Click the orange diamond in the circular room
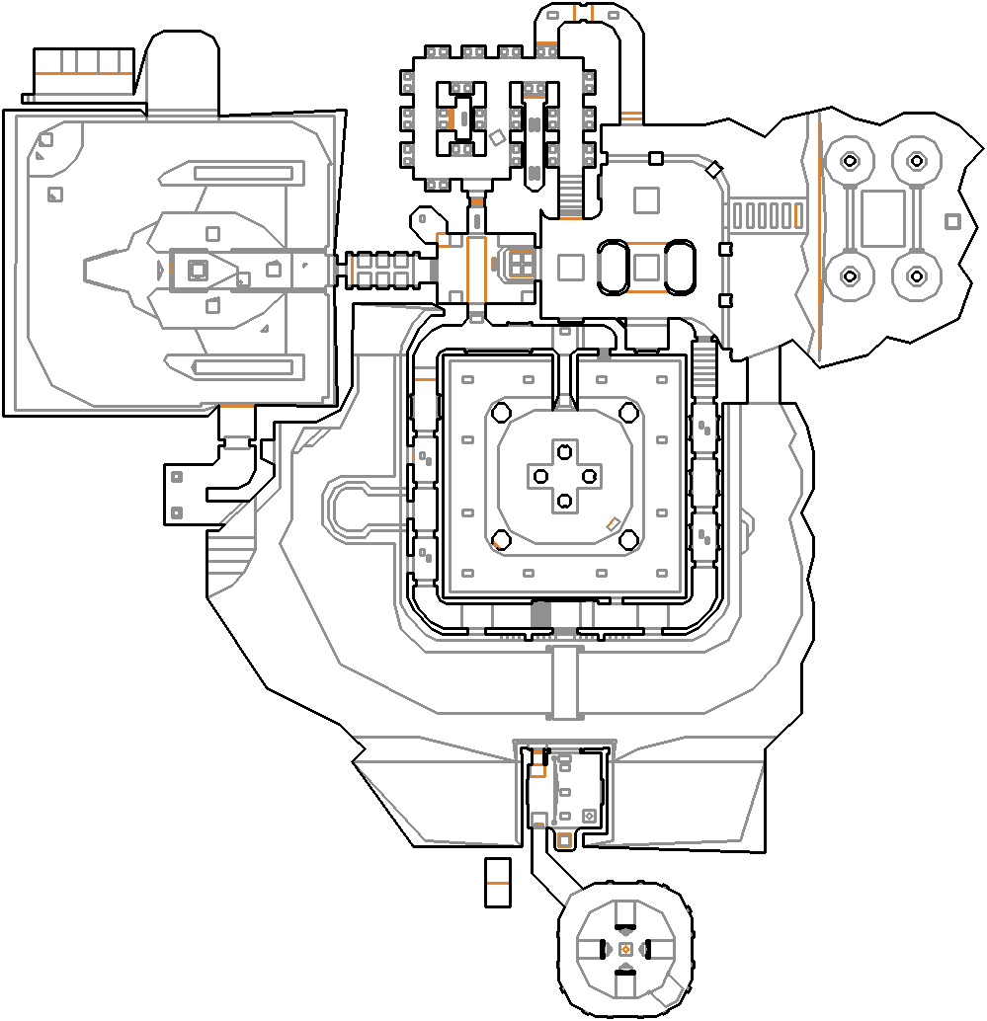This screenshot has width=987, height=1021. (625, 949)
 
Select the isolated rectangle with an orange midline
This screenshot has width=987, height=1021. (497, 882)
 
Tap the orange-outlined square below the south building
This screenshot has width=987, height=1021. (564, 840)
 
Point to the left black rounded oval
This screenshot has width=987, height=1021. (613, 267)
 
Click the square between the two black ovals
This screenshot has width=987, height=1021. (647, 267)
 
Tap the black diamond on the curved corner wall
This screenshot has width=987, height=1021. (714, 169)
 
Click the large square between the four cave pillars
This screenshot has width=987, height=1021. (882, 218)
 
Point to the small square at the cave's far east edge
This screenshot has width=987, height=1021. (951, 221)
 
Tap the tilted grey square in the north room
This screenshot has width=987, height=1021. (497, 139)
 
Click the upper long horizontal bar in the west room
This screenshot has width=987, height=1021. (243, 173)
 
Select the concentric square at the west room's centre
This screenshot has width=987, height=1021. (198, 269)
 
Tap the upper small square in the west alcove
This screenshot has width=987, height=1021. (177, 477)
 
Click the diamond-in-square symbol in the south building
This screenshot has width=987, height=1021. (590, 816)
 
